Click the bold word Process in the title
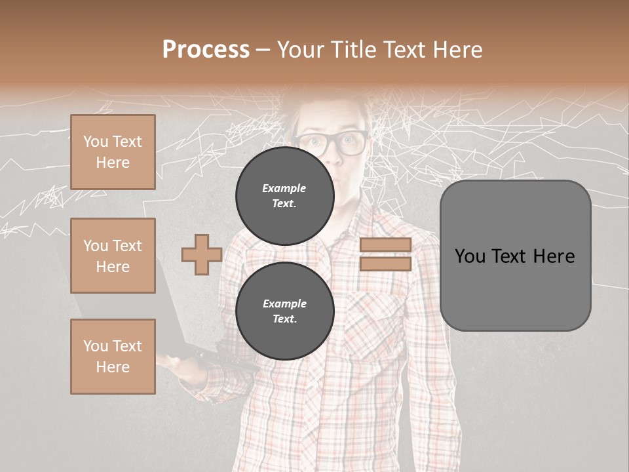(206, 50)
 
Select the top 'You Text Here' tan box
(113, 152)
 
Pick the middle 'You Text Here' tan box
(113, 256)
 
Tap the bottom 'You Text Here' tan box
(113, 357)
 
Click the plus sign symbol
(202, 254)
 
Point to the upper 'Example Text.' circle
(285, 196)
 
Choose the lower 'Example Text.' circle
(285, 311)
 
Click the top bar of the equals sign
(385, 245)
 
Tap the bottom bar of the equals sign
(385, 264)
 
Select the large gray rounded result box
(515, 256)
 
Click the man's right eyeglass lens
(352, 143)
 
